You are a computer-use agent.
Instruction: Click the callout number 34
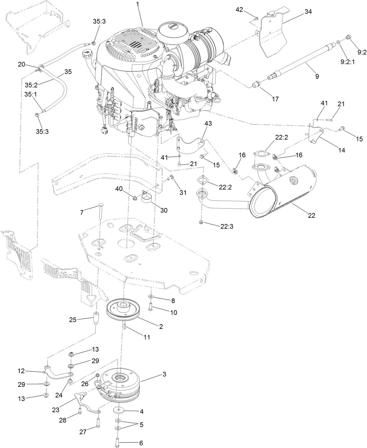tap(308, 12)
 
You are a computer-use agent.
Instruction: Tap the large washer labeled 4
tap(119, 410)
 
